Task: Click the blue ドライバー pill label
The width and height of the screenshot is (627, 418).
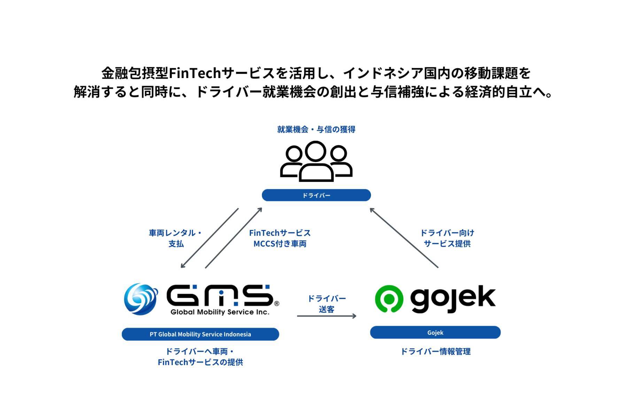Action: tap(316, 195)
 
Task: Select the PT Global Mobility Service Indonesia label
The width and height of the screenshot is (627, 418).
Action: tap(200, 334)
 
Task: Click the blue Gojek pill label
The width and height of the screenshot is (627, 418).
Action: tap(435, 332)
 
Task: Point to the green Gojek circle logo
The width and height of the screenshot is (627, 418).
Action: tap(389, 299)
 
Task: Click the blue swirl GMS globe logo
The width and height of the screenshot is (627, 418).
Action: tap(141, 299)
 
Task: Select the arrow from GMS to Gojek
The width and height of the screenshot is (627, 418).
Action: tap(326, 316)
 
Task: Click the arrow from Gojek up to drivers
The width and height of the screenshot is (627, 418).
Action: tap(404, 238)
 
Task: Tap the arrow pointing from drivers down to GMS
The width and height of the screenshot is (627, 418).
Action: tap(210, 238)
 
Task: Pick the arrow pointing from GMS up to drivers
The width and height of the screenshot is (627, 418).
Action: tap(233, 238)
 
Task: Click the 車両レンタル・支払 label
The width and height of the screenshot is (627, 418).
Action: tap(176, 238)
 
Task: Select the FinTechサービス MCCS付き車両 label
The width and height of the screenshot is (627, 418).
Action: tap(280, 238)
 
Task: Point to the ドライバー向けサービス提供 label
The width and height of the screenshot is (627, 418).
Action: tap(447, 238)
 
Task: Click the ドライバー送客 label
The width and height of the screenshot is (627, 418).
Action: tap(326, 303)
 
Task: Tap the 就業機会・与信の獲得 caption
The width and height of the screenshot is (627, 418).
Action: tap(316, 130)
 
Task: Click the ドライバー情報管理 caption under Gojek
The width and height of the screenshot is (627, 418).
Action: tap(435, 351)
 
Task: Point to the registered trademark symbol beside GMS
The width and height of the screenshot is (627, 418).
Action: tap(277, 303)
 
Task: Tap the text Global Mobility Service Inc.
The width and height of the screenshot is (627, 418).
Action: tap(220, 312)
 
